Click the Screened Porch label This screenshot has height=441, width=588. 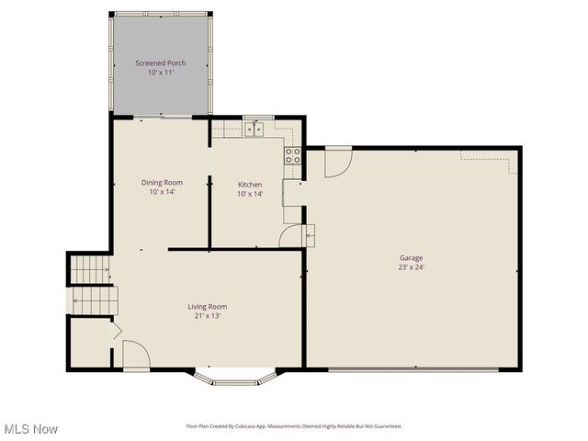[161, 62]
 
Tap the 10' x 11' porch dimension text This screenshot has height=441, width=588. [161, 73]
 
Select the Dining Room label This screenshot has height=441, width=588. [161, 182]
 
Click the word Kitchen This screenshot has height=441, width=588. [250, 185]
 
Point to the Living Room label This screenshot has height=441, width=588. [207, 307]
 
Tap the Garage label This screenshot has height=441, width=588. [411, 258]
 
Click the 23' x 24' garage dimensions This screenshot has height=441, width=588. [411, 267]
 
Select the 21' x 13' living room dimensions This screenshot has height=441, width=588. [207, 316]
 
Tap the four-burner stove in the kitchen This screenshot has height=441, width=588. [293, 155]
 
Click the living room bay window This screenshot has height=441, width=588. [234, 377]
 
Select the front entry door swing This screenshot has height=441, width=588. [135, 356]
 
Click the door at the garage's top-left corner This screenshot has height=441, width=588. [337, 161]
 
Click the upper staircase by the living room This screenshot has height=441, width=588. [90, 270]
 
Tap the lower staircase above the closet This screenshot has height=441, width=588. [93, 300]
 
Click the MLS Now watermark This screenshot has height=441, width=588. [31, 429]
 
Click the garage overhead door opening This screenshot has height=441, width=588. [413, 370]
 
